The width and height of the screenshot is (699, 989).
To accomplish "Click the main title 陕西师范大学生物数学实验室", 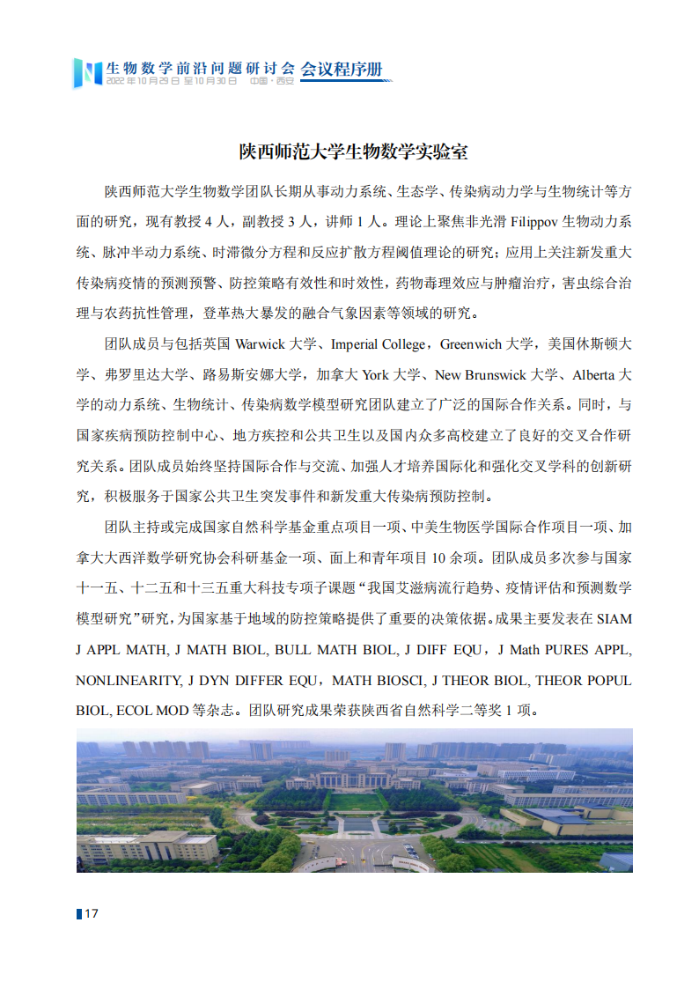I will point(354,151).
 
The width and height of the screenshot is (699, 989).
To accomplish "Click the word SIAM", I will point(613,619).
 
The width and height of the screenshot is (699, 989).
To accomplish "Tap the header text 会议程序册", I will point(342,68).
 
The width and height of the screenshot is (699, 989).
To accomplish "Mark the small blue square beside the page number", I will point(79,913).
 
